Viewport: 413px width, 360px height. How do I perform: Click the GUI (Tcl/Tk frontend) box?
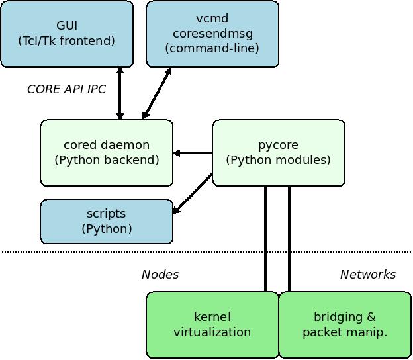(x=67, y=34)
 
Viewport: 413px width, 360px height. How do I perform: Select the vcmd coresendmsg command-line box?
(x=212, y=34)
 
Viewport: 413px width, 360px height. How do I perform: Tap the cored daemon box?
(x=107, y=153)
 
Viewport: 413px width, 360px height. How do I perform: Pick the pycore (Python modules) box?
(x=279, y=153)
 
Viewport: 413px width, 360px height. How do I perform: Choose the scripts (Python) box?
(x=107, y=221)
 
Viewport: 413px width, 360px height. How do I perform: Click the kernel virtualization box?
(x=212, y=325)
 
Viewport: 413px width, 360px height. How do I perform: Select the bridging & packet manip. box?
(x=345, y=325)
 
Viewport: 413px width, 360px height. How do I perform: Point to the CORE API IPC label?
(x=66, y=89)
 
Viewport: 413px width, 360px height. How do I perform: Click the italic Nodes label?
(x=160, y=275)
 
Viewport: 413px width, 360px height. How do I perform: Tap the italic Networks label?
(x=368, y=275)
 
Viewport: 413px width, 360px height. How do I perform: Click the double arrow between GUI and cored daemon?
(x=120, y=93)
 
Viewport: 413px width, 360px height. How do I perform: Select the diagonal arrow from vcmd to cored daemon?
(x=157, y=93)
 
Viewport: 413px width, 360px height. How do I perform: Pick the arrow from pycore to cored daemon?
(x=193, y=153)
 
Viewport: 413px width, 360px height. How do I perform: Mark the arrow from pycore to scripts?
(x=193, y=193)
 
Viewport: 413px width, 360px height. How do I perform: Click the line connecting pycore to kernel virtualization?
(x=265, y=239)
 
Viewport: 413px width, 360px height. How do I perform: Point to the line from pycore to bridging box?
(x=289, y=239)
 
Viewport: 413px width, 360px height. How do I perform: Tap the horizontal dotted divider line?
(x=206, y=252)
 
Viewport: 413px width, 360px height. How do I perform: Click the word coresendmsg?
(x=213, y=34)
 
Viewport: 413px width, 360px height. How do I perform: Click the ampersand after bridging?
(x=371, y=316)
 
